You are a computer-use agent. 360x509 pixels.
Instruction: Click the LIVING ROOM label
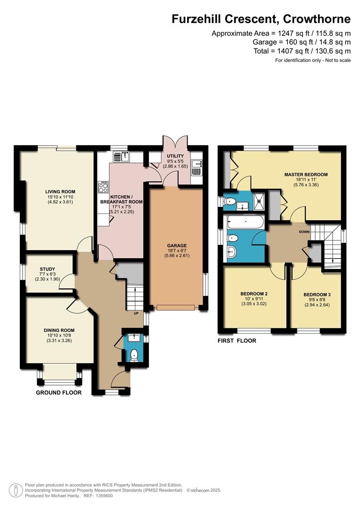coord(60,191)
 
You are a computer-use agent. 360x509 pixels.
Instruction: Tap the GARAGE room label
coord(177,246)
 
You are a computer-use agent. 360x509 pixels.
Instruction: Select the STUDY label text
coord(48,269)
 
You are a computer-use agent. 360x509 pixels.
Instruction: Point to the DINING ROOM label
coord(59,330)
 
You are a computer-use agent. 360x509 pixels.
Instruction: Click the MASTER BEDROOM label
coord(306,174)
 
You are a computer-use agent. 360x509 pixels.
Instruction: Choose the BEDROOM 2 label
coord(254,294)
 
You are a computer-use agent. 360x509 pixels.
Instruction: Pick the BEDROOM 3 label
coord(317,295)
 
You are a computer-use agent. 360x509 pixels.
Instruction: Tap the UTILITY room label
coord(175,156)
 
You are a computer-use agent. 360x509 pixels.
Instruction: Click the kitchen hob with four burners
coord(103,187)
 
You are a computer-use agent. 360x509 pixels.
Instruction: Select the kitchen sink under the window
coord(122,156)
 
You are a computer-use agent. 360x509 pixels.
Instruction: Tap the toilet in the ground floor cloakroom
coord(134,356)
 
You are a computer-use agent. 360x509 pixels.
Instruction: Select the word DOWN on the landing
coord(304,232)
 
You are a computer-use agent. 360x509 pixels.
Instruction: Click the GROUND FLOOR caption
coord(59,393)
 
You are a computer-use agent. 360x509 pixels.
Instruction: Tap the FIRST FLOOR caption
coord(237,341)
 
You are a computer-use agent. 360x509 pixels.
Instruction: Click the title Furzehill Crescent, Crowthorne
coord(261,19)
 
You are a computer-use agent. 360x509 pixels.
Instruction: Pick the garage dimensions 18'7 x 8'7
coord(177,251)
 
